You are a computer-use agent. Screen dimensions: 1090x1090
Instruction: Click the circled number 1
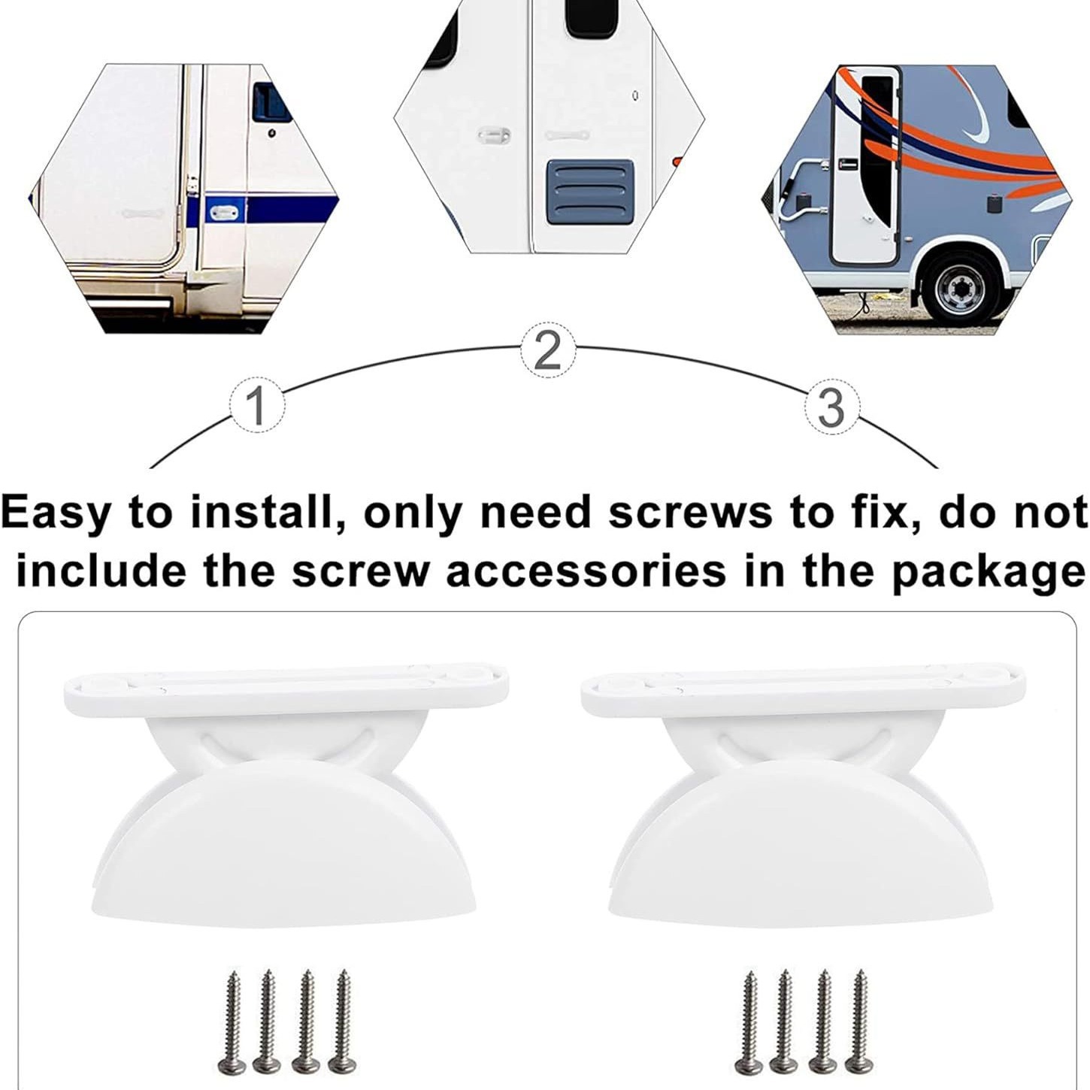pyautogui.click(x=257, y=407)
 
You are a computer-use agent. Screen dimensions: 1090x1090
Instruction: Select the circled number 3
pyautogui.click(x=831, y=408)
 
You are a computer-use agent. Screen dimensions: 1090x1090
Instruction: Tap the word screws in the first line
pyautogui.click(x=689, y=513)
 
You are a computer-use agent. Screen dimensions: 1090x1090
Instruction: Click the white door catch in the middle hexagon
pyautogui.click(x=493, y=136)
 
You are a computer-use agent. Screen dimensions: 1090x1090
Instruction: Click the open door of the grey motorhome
pyautogui.click(x=864, y=165)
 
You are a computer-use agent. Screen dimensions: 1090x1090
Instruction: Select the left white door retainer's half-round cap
pyautogui.click(x=283, y=839)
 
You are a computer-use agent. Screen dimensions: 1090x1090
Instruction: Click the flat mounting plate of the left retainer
pyautogui.click(x=286, y=686)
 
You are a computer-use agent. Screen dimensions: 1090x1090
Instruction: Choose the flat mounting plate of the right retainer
pyautogui.click(x=803, y=686)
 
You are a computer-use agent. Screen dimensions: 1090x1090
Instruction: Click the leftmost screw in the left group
pyautogui.click(x=229, y=1021)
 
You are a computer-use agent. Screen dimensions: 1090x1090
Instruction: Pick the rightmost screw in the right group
pyautogui.click(x=858, y=1021)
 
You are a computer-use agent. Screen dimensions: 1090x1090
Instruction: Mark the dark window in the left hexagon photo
pyautogui.click(x=271, y=102)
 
